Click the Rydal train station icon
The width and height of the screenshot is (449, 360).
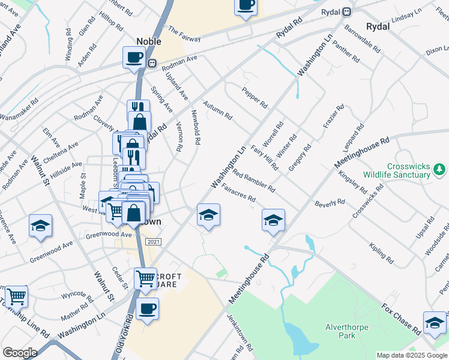point(347,12)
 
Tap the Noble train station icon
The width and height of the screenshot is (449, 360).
point(153,63)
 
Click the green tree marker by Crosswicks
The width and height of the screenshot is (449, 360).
point(439,167)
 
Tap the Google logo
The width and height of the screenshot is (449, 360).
point(20,353)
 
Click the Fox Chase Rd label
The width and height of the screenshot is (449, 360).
point(401,319)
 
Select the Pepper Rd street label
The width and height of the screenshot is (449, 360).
point(255,97)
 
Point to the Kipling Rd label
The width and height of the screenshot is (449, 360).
point(382,254)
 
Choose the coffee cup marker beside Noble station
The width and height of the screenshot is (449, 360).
point(134,58)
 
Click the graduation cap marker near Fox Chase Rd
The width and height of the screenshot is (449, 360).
point(434,323)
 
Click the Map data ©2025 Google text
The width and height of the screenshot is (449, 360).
point(411,355)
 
